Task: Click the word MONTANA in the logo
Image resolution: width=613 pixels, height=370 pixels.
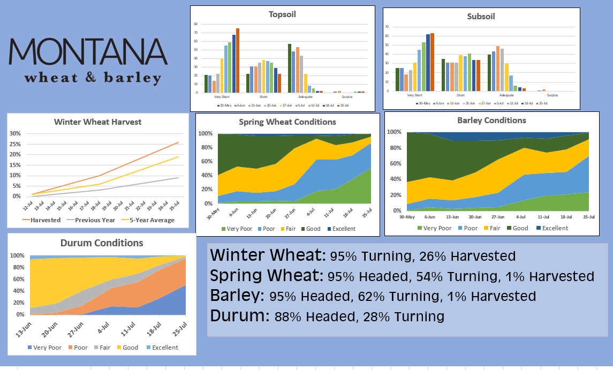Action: [88, 52]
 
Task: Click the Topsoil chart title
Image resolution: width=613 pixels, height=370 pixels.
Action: [282, 14]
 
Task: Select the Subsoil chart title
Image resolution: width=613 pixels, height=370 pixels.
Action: [481, 16]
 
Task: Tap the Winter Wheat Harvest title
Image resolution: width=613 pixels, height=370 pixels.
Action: [98, 122]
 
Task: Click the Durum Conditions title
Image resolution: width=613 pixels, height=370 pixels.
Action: [101, 243]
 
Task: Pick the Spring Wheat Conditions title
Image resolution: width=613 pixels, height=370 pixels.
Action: [287, 122]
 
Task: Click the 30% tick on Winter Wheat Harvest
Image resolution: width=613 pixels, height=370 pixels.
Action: [15, 133]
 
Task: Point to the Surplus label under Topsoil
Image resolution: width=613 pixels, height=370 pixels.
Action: [347, 97]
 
